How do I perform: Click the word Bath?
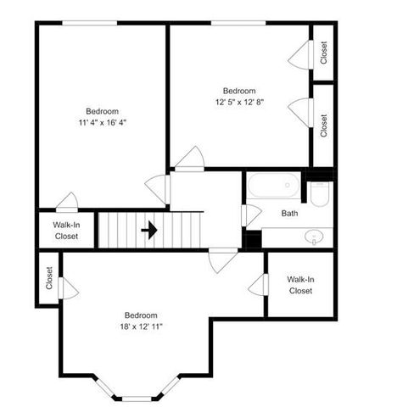(x=289, y=213)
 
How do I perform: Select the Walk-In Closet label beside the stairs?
(x=65, y=230)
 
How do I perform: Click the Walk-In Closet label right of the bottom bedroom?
(x=300, y=285)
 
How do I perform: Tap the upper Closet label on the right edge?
(x=324, y=53)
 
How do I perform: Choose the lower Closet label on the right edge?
(x=324, y=126)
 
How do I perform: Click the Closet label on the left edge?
(x=49, y=278)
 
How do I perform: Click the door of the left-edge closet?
(x=69, y=288)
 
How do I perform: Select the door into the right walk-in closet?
(x=258, y=284)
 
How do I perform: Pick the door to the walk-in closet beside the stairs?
(x=67, y=203)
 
